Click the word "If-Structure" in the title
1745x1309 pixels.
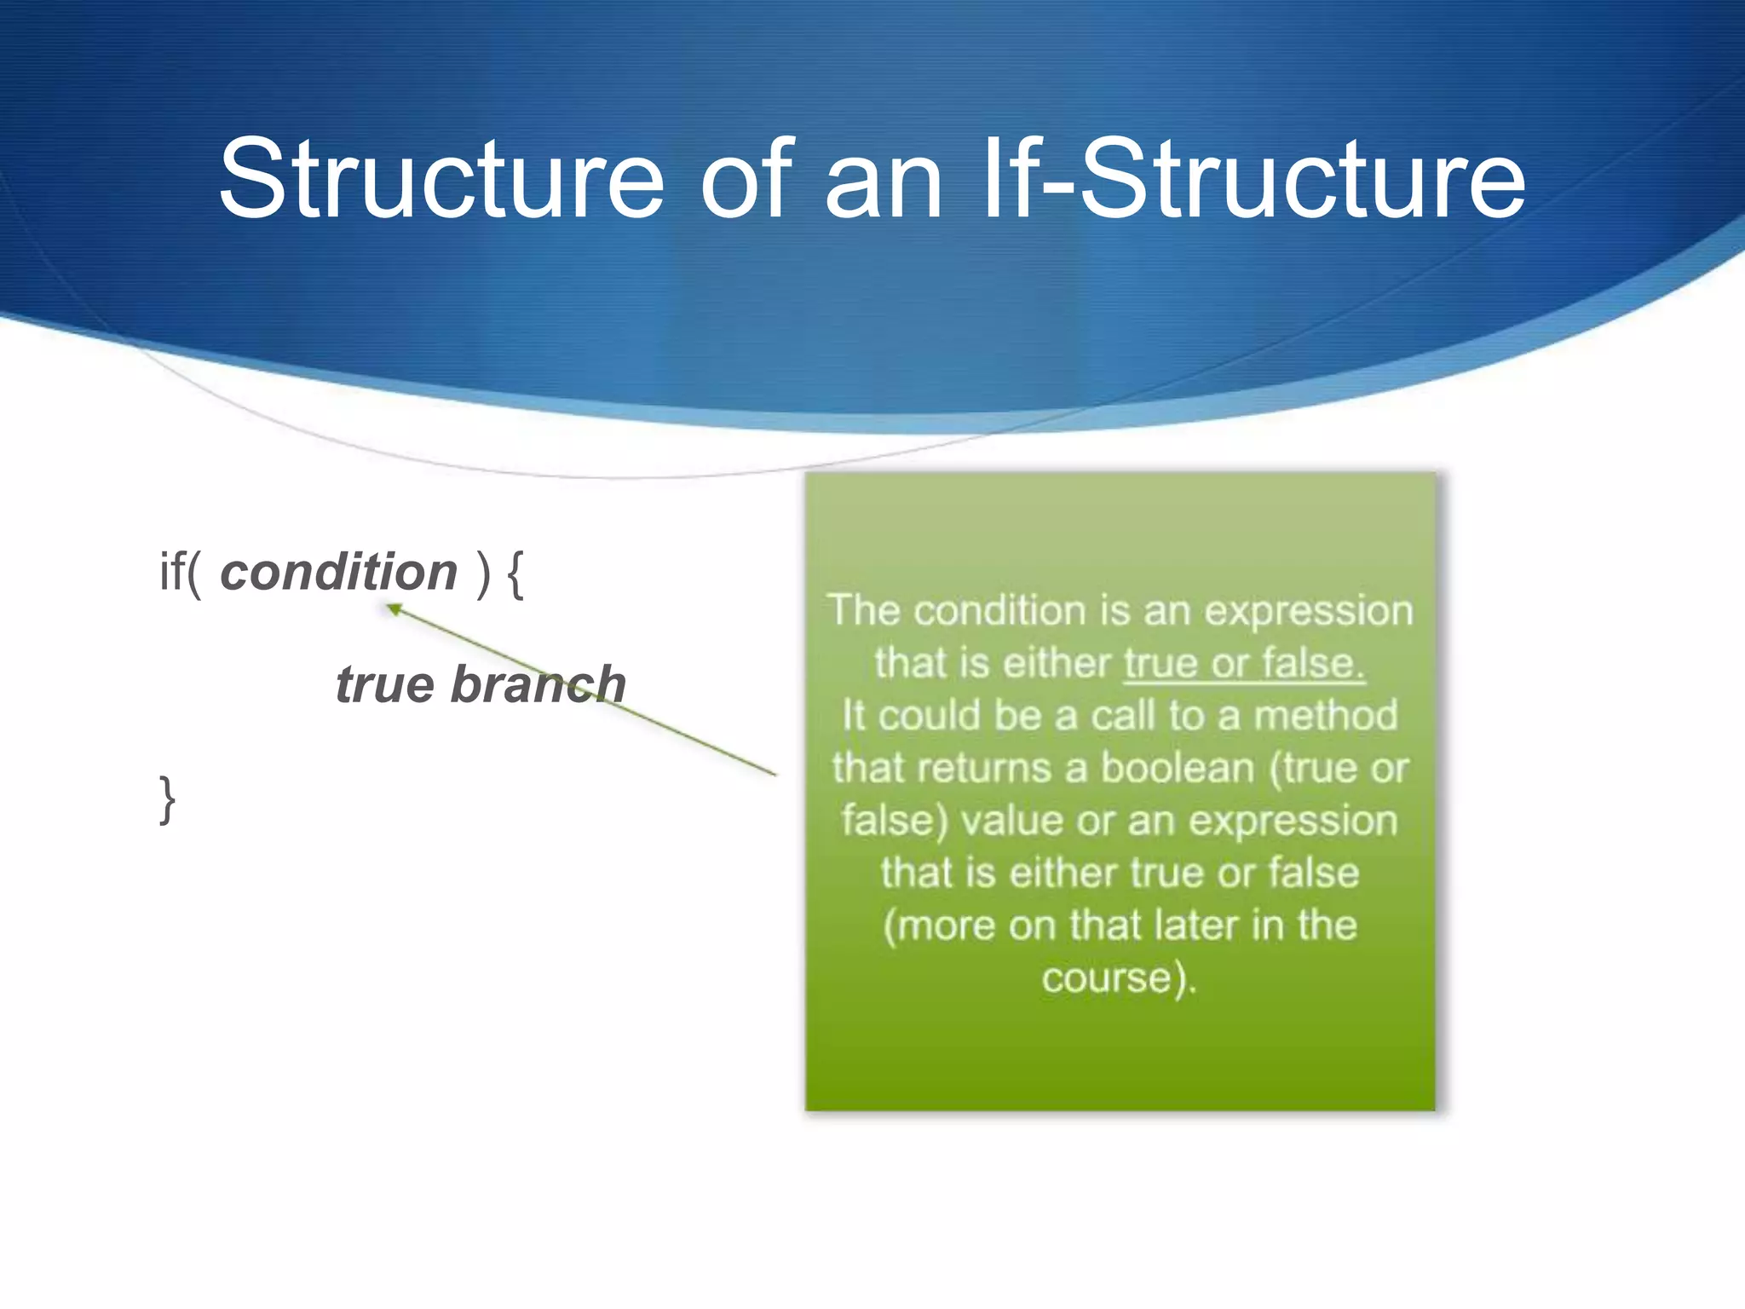tap(1253, 179)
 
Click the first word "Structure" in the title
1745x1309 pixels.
tap(441, 179)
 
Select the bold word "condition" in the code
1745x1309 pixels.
tap(338, 572)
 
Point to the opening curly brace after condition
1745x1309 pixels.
tap(515, 574)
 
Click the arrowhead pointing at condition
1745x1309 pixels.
tap(394, 608)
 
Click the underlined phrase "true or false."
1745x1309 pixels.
tap(1244, 663)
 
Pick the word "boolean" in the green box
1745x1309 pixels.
tap(1178, 768)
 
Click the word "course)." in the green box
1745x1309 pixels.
tap(1119, 977)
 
